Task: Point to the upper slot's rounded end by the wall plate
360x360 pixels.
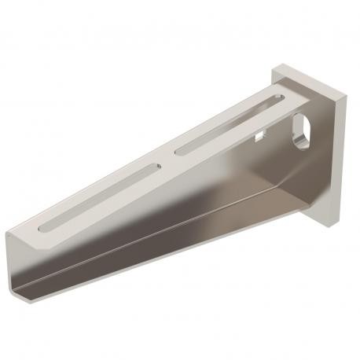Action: tap(277, 99)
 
